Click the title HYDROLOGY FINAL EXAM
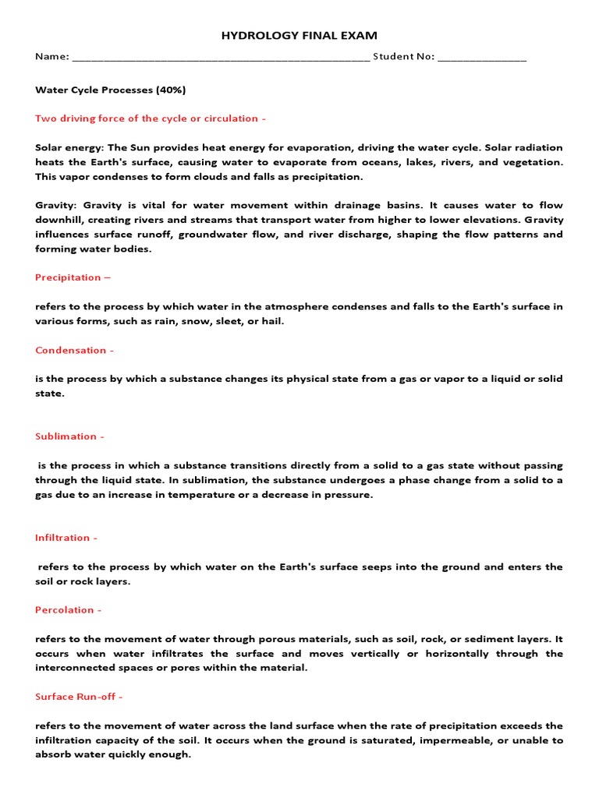(299, 35)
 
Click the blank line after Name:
(220, 58)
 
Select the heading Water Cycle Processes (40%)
(111, 90)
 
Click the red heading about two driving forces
(151, 118)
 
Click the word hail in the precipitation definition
(273, 321)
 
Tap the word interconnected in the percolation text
(76, 668)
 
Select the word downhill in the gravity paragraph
(60, 221)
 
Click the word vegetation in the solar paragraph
(533, 162)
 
